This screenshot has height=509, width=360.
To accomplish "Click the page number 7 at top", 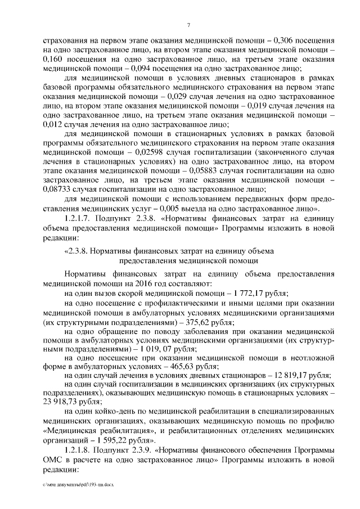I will pyautogui.click(x=189, y=25).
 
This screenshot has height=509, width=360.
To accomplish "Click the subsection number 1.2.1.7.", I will pyautogui.click(x=79, y=221).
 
